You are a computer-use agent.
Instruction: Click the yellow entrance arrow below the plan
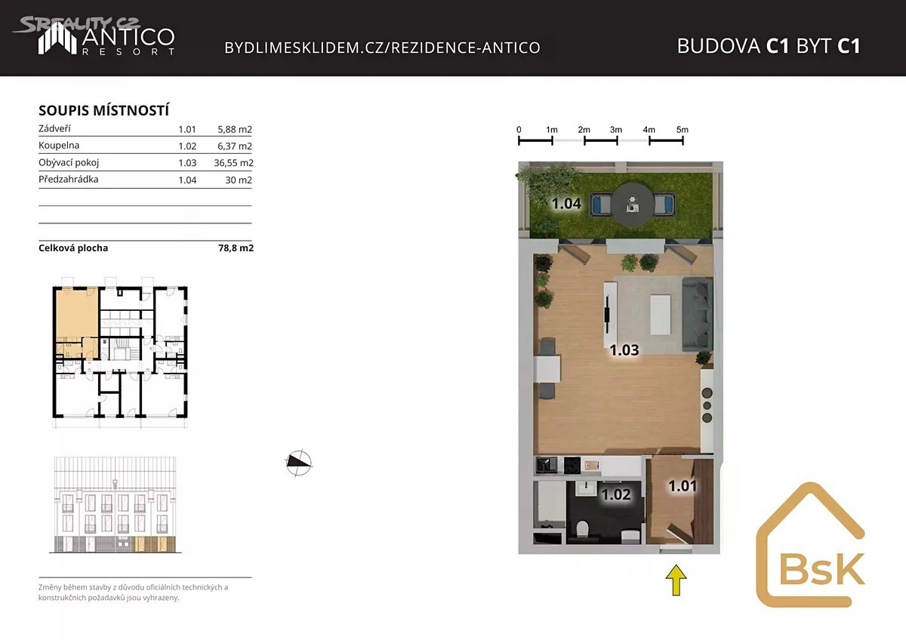click(x=676, y=580)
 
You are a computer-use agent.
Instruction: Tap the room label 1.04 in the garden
click(x=566, y=203)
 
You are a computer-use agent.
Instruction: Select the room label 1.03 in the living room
click(x=624, y=349)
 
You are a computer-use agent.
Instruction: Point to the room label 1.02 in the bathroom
click(x=615, y=494)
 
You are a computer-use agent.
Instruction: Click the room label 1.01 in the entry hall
click(x=683, y=485)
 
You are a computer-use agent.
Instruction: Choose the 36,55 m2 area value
click(x=233, y=163)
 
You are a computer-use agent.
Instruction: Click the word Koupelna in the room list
click(x=59, y=145)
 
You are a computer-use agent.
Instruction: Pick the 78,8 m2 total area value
click(x=236, y=248)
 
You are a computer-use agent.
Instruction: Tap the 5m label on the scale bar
click(x=682, y=130)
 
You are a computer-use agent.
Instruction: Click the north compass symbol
click(x=298, y=463)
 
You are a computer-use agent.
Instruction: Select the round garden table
click(x=633, y=205)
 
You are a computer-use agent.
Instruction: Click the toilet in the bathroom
click(x=582, y=529)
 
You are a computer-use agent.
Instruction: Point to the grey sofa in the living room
click(x=697, y=314)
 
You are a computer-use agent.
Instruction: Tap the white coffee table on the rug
click(x=661, y=315)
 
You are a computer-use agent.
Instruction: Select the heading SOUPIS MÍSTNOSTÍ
click(x=103, y=110)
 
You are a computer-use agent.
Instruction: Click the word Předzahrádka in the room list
click(x=69, y=179)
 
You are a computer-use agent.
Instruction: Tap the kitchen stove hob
click(x=572, y=466)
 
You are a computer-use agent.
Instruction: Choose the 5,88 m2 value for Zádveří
click(x=235, y=129)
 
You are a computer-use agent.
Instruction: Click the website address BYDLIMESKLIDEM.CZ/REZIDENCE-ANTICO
click(x=382, y=48)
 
